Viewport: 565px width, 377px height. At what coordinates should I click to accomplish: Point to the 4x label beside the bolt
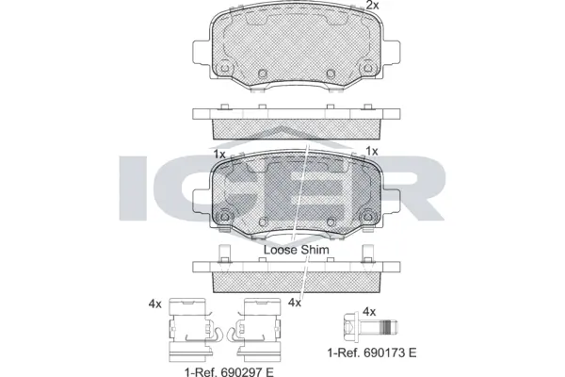[x=369, y=311]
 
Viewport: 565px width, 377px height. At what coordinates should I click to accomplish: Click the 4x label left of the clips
[x=155, y=303]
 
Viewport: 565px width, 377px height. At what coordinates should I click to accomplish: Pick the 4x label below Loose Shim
[x=295, y=303]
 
